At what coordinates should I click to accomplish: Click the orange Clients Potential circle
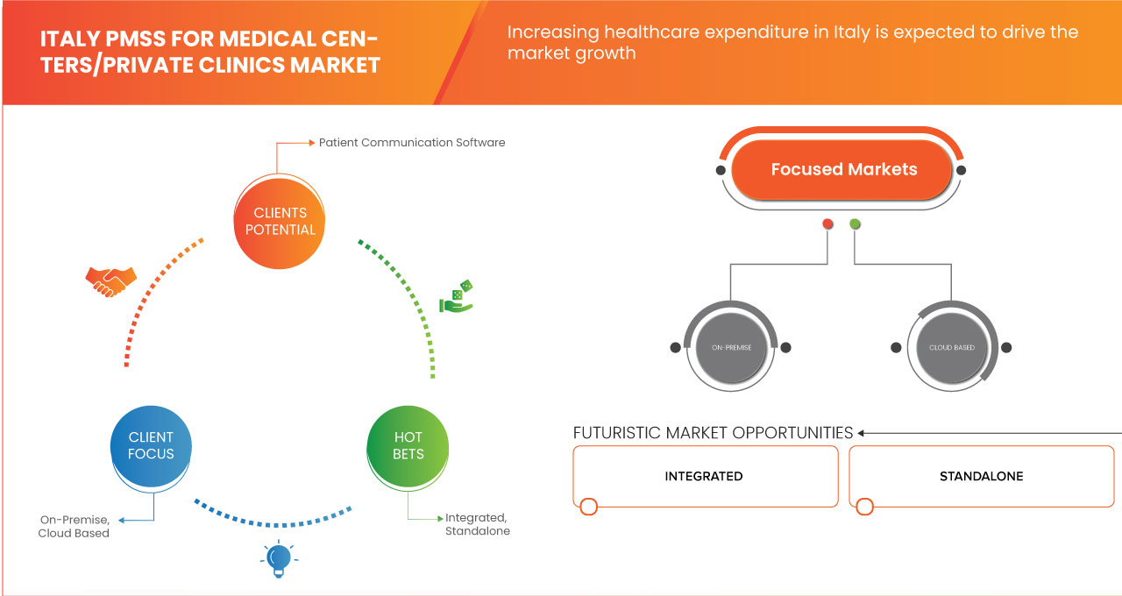[280, 221]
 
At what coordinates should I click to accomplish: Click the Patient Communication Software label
[412, 142]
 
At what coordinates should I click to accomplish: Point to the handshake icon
[111, 280]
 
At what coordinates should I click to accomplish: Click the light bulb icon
[279, 558]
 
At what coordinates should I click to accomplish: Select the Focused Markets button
[843, 169]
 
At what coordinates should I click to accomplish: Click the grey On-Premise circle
[731, 347]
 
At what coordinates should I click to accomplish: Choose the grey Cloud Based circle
[951, 347]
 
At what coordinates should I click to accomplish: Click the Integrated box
[704, 476]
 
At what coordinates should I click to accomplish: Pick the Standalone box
[981, 476]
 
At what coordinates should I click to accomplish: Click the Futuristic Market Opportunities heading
[713, 433]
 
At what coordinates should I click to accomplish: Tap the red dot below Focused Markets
[827, 224]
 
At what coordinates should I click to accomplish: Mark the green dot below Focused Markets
[856, 224]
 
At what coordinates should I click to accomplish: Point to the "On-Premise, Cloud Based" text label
[75, 526]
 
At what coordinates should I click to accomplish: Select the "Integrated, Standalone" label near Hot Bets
[477, 524]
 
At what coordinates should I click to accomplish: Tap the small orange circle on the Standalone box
[865, 507]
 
